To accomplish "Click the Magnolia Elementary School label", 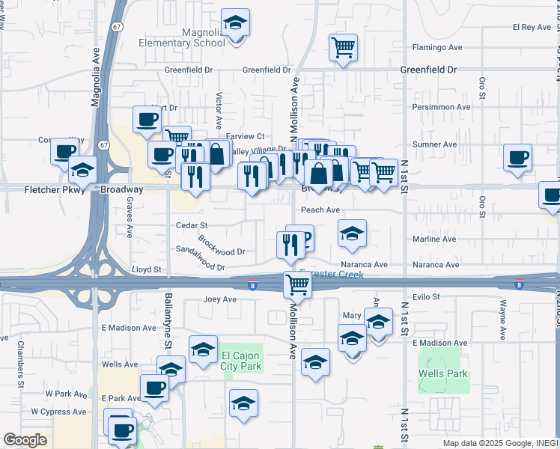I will tap(182, 37).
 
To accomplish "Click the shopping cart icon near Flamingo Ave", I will tap(343, 47).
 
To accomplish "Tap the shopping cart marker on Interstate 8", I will tap(297, 284).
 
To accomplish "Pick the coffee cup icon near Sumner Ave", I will tap(518, 158).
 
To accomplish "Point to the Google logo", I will tap(25, 440).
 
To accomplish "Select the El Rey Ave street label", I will tap(532, 27).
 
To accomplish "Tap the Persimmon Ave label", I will tap(442, 107).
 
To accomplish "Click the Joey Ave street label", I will tap(219, 299).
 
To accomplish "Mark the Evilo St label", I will tap(426, 297).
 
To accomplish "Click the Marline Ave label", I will tap(434, 239).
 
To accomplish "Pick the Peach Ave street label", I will tap(320, 210).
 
